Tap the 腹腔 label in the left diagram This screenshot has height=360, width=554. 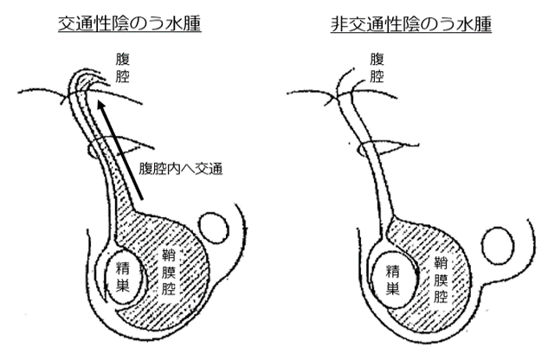click(x=120, y=67)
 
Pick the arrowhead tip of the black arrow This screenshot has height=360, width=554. click(x=101, y=102)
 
